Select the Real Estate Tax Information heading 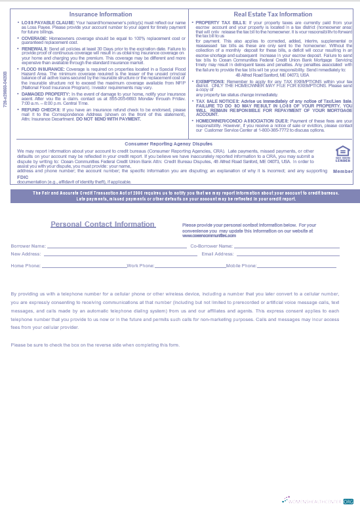pos(273,14)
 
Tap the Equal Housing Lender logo pos(342,154)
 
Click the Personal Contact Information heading pos(103,225)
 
